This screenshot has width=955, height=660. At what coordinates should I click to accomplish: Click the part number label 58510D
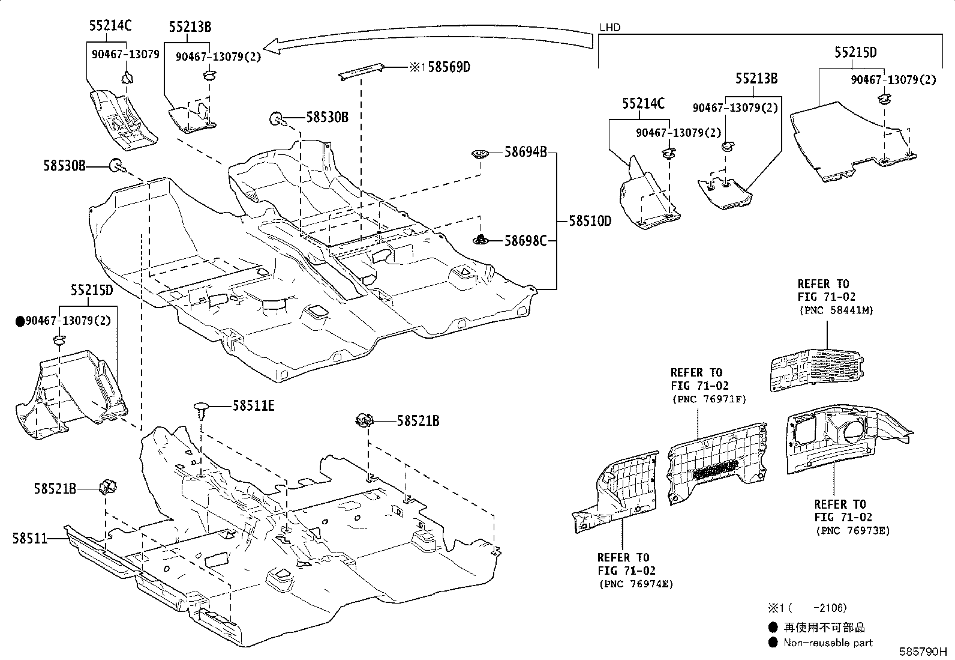pyautogui.click(x=590, y=221)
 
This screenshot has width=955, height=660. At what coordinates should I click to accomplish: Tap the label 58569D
pyautogui.click(x=449, y=67)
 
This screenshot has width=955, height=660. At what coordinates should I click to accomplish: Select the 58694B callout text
pyautogui.click(x=525, y=151)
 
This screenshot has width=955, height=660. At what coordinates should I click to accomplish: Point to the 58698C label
pyautogui.click(x=525, y=241)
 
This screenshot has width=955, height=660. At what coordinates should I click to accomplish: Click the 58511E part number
pyautogui.click(x=253, y=405)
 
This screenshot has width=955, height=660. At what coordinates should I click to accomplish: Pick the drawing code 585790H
pyautogui.click(x=923, y=652)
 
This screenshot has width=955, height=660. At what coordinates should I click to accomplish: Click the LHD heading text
pyautogui.click(x=609, y=27)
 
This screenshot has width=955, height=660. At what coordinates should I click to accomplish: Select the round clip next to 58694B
pyautogui.click(x=480, y=153)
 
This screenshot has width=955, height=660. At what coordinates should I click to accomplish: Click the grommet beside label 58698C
pyautogui.click(x=480, y=240)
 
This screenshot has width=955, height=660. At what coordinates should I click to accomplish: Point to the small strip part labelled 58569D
pyautogui.click(x=361, y=71)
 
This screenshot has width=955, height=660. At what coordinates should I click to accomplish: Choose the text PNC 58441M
pyautogui.click(x=836, y=310)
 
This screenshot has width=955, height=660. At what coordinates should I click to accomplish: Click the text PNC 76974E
pyautogui.click(x=636, y=584)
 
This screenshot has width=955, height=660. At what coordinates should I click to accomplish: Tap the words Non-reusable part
pyautogui.click(x=828, y=643)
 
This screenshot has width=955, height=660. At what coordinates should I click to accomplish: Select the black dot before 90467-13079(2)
pyautogui.click(x=20, y=321)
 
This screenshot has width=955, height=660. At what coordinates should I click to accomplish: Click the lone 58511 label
pyautogui.click(x=30, y=538)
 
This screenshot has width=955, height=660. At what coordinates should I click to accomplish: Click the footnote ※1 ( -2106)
pyautogui.click(x=807, y=608)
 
